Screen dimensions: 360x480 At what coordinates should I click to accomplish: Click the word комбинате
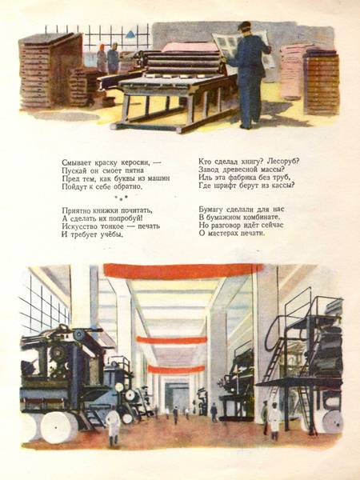[262, 218]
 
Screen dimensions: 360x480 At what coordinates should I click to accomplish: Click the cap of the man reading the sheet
[244, 26]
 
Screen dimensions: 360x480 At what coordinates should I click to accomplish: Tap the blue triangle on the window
[131, 34]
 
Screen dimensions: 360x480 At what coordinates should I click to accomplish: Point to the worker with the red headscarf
[102, 58]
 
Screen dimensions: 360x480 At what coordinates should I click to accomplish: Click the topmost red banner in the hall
[183, 271]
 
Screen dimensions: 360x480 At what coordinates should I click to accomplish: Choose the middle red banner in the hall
[171, 339]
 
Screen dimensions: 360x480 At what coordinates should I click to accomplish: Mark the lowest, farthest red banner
[176, 369]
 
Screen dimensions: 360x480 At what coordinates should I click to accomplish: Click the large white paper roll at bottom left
[58, 427]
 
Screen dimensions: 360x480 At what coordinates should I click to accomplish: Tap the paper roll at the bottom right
[331, 422]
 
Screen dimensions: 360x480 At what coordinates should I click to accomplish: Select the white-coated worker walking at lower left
[113, 426]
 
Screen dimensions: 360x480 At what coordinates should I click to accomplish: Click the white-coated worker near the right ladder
[274, 421]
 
